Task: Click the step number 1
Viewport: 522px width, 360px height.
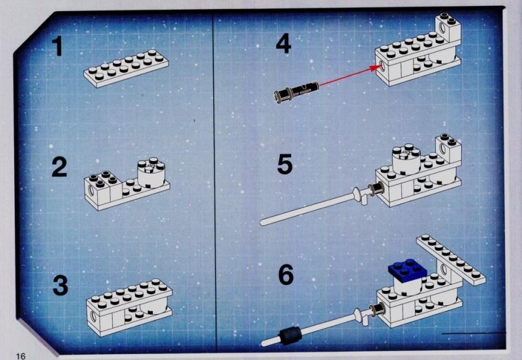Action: pyautogui.click(x=59, y=46)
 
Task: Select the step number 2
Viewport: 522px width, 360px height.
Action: pyautogui.click(x=59, y=167)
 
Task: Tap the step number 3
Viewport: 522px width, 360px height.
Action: pyautogui.click(x=60, y=286)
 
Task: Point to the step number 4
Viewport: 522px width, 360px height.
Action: pyautogui.click(x=284, y=44)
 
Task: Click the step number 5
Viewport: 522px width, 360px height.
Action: pyautogui.click(x=285, y=164)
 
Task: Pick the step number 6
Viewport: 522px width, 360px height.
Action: pyautogui.click(x=286, y=275)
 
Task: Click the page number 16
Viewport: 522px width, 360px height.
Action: pyautogui.click(x=21, y=356)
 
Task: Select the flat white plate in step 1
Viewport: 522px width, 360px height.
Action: pyautogui.click(x=126, y=68)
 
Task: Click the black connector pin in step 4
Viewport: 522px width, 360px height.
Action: pyautogui.click(x=296, y=91)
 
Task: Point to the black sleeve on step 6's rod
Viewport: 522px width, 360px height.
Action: pyautogui.click(x=290, y=334)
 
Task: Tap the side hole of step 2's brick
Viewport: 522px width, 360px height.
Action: pyautogui.click(x=91, y=190)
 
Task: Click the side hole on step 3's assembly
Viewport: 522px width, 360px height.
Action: pyautogui.click(x=93, y=316)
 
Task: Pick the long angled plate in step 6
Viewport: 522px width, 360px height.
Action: pyautogui.click(x=451, y=260)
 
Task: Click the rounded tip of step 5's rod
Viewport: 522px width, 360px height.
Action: pyautogui.click(x=263, y=222)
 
